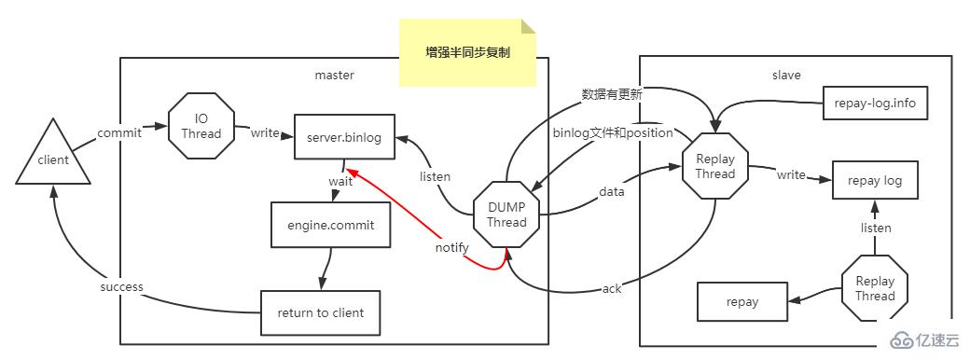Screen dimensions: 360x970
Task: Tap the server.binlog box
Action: coord(344,138)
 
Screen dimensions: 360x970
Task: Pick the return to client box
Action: coord(321,312)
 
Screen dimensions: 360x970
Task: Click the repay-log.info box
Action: coord(876,104)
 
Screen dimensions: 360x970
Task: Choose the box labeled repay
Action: coord(742,301)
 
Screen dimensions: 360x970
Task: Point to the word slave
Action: coord(786,75)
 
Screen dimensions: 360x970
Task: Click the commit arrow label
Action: coord(119,132)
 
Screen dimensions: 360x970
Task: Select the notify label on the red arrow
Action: coord(451,248)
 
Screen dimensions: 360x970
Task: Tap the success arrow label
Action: coord(121,287)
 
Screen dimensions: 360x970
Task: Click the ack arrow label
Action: coord(612,288)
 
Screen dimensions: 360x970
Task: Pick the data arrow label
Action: coord(611,192)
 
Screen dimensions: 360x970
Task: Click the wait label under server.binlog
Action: coord(339,181)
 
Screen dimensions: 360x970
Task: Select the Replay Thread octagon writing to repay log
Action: coord(715,165)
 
